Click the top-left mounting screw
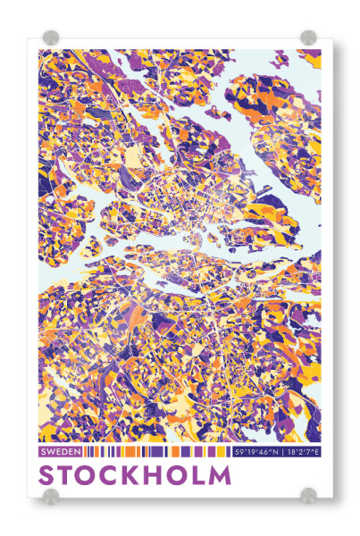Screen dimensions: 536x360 [52, 38]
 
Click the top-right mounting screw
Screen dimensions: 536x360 [308, 38]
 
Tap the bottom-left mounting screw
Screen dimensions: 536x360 [52, 495]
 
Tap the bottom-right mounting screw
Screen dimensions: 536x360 [308, 495]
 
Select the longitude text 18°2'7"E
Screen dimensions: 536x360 [305, 452]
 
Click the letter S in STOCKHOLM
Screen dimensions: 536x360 [50, 473]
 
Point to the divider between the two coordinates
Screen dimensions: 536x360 [285, 452]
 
